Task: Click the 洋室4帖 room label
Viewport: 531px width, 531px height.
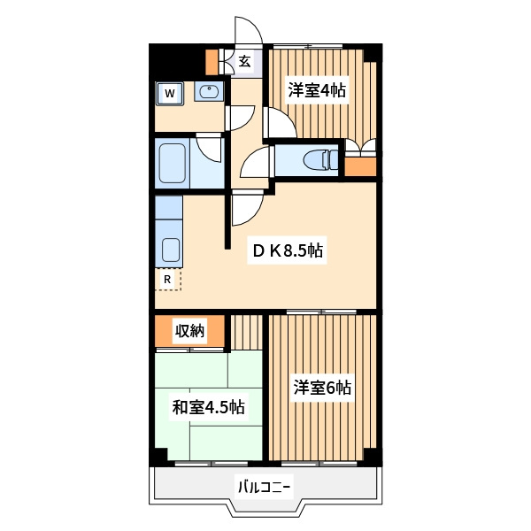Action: pos(317,90)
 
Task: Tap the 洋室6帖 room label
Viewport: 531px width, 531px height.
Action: pos(322,388)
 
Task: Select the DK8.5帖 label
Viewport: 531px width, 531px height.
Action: pos(288,250)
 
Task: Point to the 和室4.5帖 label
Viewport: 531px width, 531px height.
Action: pos(208,407)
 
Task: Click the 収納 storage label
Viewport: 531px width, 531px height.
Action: pos(189,330)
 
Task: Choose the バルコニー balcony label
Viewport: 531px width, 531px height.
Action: pos(264,488)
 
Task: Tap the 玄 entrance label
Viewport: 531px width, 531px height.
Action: pos(244,62)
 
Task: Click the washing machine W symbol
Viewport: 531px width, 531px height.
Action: pos(170,93)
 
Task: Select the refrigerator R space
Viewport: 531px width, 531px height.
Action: pos(168,280)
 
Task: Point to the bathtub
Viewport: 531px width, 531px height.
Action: pos(173,164)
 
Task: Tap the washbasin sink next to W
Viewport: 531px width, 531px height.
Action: pos(209,91)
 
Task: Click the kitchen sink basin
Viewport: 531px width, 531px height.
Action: pos(170,250)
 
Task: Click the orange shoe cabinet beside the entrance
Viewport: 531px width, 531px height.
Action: pos(212,62)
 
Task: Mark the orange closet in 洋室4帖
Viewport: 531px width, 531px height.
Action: pos(360,166)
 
